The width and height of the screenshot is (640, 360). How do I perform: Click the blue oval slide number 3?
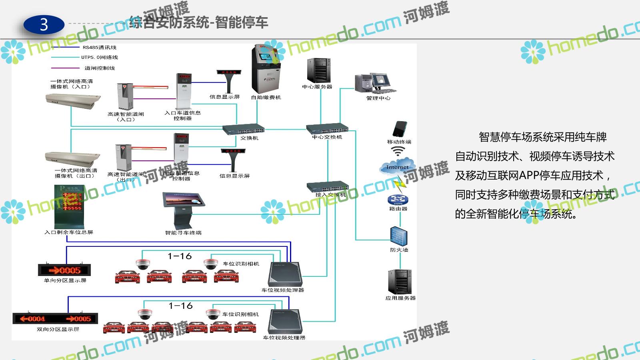[44, 25]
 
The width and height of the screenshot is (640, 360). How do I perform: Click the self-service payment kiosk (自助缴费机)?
[266, 70]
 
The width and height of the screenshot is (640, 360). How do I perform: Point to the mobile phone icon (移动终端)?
[399, 129]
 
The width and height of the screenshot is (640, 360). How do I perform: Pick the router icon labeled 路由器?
[397, 200]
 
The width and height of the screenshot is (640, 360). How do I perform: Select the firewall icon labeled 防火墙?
[399, 236]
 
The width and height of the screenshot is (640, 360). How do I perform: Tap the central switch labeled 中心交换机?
[327, 128]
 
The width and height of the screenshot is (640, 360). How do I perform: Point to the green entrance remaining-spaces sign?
[68, 206]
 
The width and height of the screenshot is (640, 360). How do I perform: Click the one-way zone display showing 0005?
[64, 270]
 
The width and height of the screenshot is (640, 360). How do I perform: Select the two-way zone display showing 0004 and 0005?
[55, 318]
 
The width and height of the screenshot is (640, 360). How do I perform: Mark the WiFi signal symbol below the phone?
[398, 151]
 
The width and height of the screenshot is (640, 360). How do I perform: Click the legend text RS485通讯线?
[100, 47]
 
